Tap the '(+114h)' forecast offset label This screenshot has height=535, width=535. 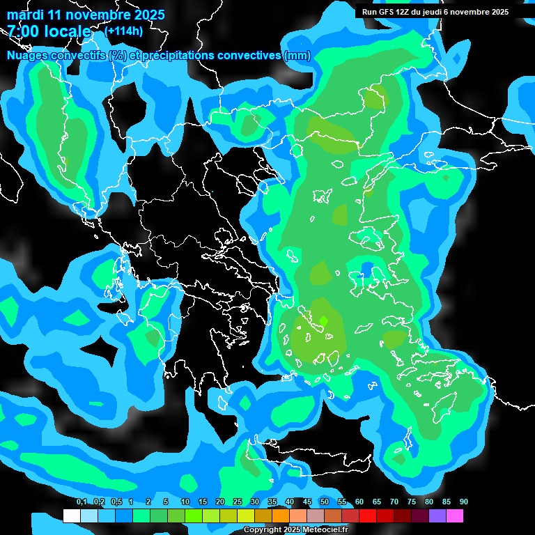point(123,31)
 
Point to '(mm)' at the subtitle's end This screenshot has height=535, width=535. point(297,56)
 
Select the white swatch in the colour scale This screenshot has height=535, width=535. point(71,516)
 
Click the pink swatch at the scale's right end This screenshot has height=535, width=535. point(455,516)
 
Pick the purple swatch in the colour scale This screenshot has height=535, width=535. point(437,516)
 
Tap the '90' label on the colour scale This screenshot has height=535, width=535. point(463,502)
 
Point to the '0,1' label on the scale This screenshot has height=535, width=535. point(82,502)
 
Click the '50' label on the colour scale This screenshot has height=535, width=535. point(325,502)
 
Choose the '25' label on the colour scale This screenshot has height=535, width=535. point(238,502)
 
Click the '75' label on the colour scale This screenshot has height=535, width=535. point(412,502)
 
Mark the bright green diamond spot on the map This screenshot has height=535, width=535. point(323,320)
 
